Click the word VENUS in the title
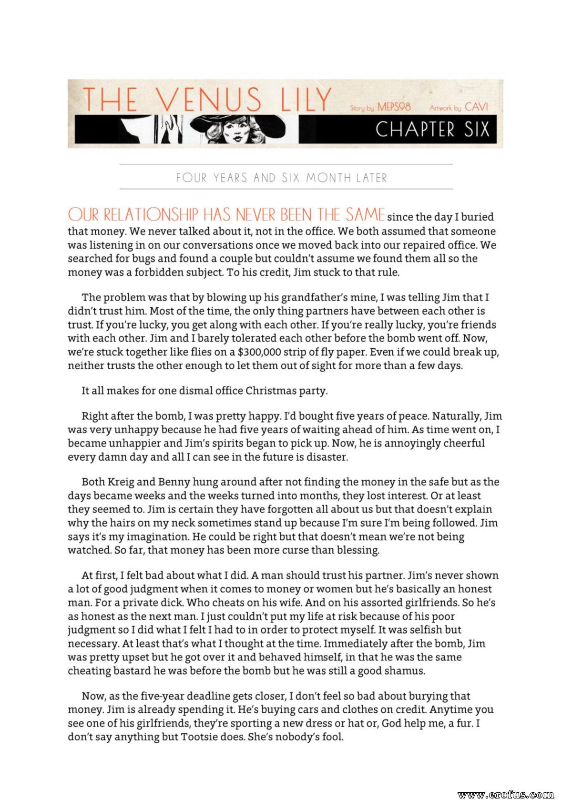coord(209,100)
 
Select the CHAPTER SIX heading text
coord(432,130)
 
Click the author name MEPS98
coord(394,107)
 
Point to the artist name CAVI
coord(477,107)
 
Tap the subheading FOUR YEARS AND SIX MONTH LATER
coord(282,178)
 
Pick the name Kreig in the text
coord(121,482)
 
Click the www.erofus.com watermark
coord(505,795)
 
